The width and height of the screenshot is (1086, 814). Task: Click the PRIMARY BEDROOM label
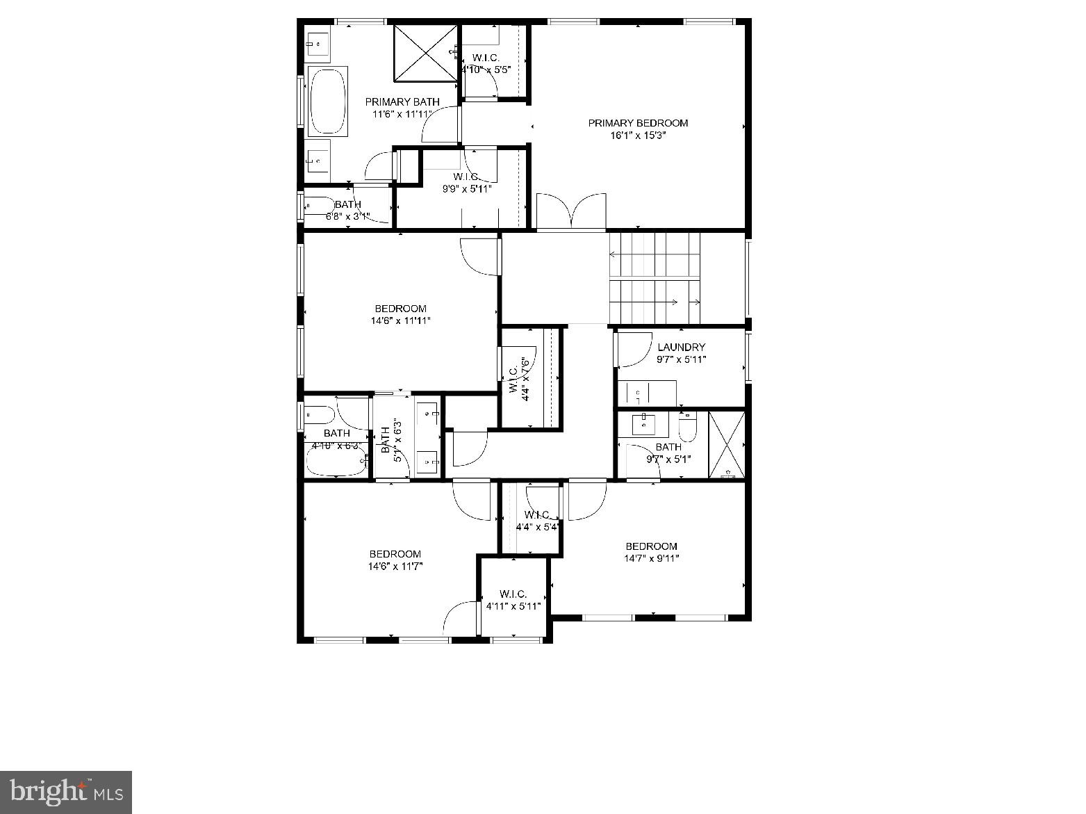click(x=638, y=123)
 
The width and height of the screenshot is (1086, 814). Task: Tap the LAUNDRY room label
click(x=681, y=347)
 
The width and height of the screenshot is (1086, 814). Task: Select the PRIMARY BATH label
click(x=402, y=101)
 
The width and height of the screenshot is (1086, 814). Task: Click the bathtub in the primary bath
click(x=328, y=101)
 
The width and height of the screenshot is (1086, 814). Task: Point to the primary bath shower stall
click(x=426, y=52)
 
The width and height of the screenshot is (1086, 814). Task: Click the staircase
click(x=655, y=278)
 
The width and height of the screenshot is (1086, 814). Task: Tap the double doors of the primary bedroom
click(x=571, y=211)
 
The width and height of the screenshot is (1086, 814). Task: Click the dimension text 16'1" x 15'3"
click(x=638, y=136)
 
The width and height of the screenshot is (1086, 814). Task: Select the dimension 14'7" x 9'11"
click(x=651, y=558)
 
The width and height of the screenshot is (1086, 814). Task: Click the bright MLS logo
click(x=67, y=791)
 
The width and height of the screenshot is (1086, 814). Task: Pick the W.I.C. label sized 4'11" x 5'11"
click(x=513, y=594)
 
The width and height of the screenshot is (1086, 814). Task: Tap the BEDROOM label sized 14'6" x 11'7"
click(x=395, y=554)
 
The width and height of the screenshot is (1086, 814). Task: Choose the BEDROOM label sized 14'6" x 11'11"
click(x=400, y=309)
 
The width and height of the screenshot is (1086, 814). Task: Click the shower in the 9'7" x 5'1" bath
click(x=726, y=445)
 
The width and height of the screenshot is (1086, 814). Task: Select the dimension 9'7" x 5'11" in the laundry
click(x=681, y=359)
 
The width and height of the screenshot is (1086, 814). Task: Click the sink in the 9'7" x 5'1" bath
click(x=644, y=423)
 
